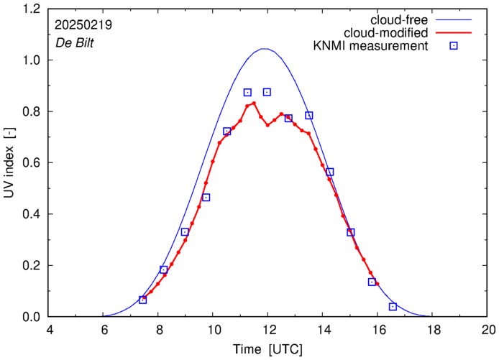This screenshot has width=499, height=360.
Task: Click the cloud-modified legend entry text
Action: (x=386, y=33)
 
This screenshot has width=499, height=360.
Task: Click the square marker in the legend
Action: (x=453, y=47)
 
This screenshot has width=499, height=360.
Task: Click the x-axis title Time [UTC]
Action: (x=267, y=350)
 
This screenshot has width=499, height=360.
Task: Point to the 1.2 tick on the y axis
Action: (x=32, y=9)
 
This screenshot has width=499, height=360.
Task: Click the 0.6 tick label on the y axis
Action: (x=32, y=163)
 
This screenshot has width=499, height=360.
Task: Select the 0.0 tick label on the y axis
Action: (x=32, y=317)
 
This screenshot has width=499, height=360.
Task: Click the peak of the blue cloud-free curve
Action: (x=265, y=49)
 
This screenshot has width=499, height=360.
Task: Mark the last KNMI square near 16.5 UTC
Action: (x=393, y=307)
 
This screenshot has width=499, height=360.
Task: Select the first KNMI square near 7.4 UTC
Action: (x=142, y=300)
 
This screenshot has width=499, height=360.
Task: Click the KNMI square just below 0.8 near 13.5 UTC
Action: (x=309, y=115)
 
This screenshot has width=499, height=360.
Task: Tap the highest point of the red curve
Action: (x=254, y=103)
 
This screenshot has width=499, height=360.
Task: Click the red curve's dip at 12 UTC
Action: (x=267, y=125)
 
